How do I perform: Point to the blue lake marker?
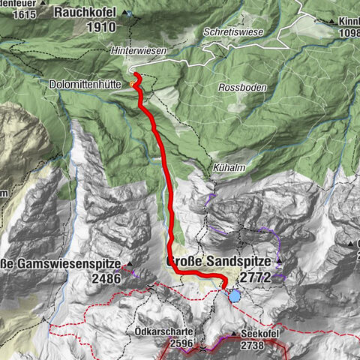pos(235,296)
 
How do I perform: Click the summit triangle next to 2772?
pos(278,262)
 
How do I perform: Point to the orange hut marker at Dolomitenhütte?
pos(134,85)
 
